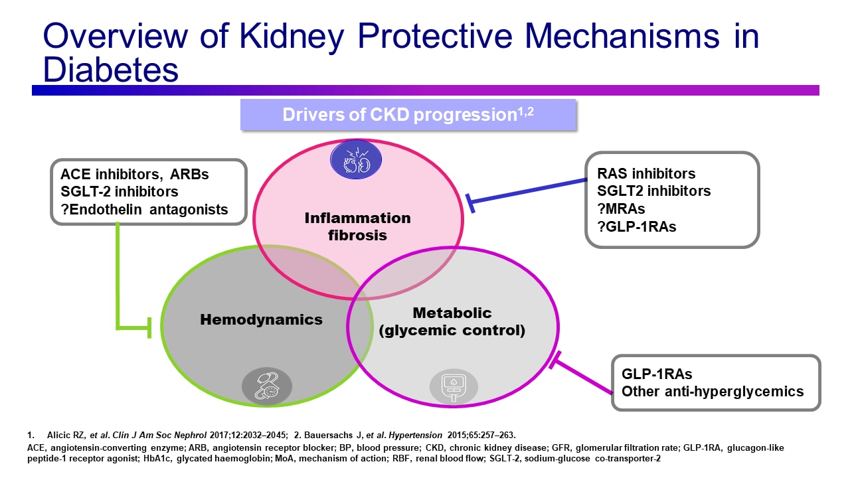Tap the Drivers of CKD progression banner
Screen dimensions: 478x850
click(x=408, y=114)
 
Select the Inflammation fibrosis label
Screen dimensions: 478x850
click(x=358, y=226)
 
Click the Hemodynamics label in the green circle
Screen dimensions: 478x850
click(x=261, y=319)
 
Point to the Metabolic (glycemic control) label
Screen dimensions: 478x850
click(x=452, y=321)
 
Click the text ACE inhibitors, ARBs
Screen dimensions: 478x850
click(x=134, y=175)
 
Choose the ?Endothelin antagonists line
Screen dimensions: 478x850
click(x=139, y=209)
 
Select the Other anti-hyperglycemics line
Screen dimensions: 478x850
click(x=712, y=390)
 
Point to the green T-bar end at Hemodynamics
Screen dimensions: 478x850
click(x=149, y=327)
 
